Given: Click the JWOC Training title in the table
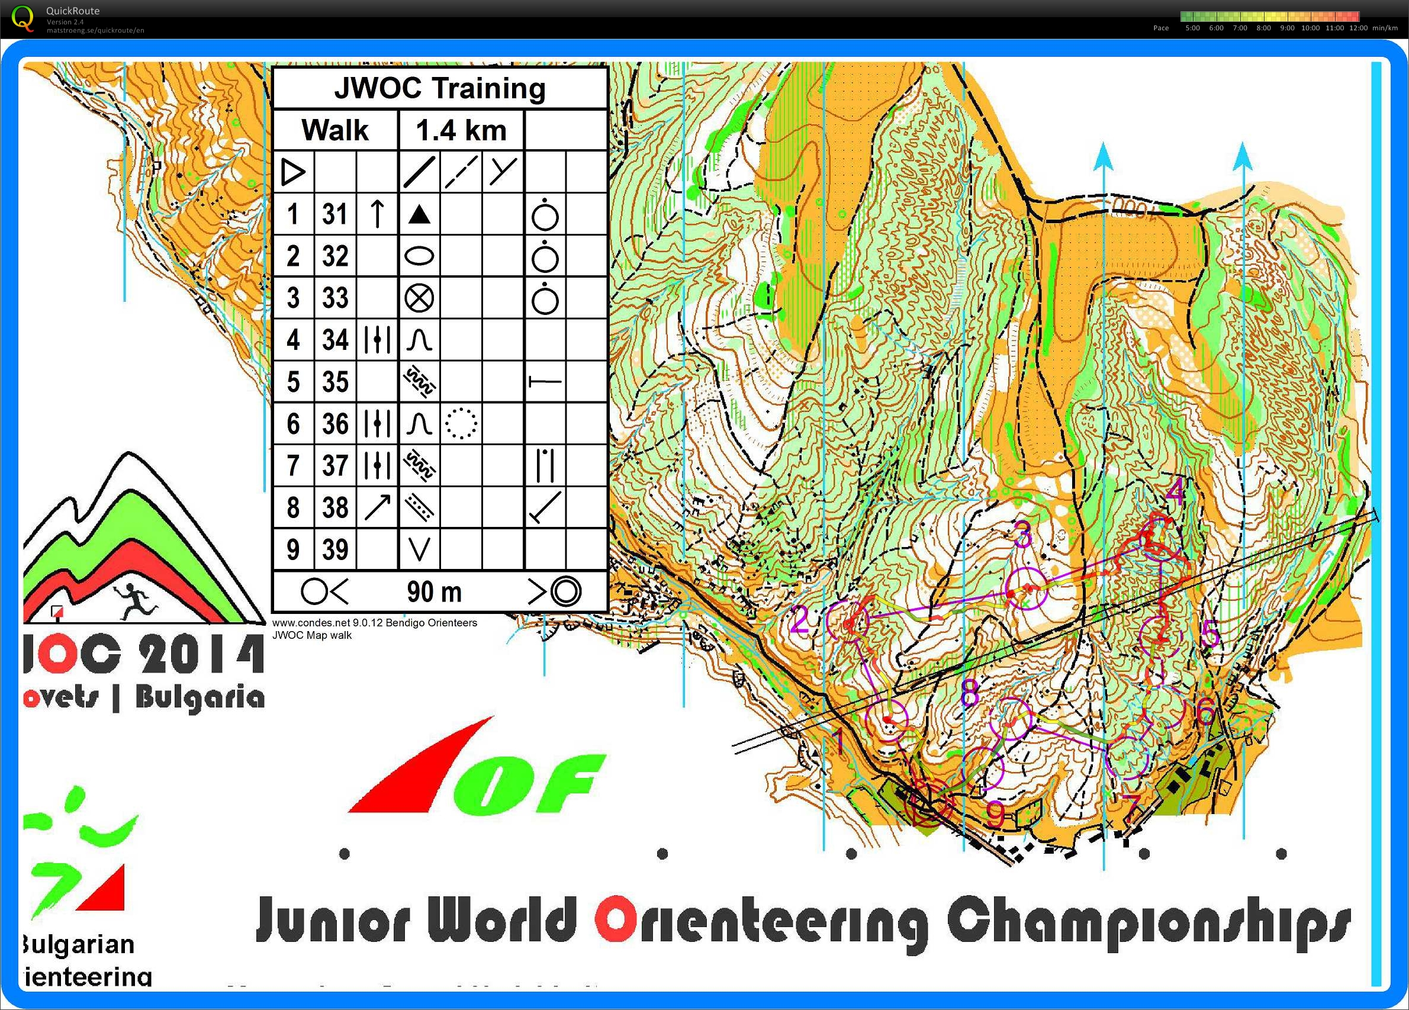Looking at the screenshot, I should coord(440,88).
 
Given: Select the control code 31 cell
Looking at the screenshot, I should coord(335,214).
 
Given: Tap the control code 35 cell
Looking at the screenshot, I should coord(335,381).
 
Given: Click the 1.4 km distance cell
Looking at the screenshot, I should coord(461,130).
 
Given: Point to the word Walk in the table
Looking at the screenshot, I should coord(335,130).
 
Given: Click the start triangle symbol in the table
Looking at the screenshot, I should coord(293,172).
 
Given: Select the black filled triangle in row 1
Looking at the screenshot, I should coord(419,215).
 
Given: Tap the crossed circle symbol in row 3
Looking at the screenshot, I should coord(419,298).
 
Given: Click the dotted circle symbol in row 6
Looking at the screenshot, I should coord(461,424).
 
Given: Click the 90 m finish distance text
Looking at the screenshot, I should coord(435,592).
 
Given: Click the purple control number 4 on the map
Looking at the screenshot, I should coord(1175,493).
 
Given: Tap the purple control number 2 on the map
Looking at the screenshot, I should coord(800,620).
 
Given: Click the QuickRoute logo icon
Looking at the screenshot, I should coord(24,17).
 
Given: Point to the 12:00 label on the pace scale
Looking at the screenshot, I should coord(1358,28).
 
